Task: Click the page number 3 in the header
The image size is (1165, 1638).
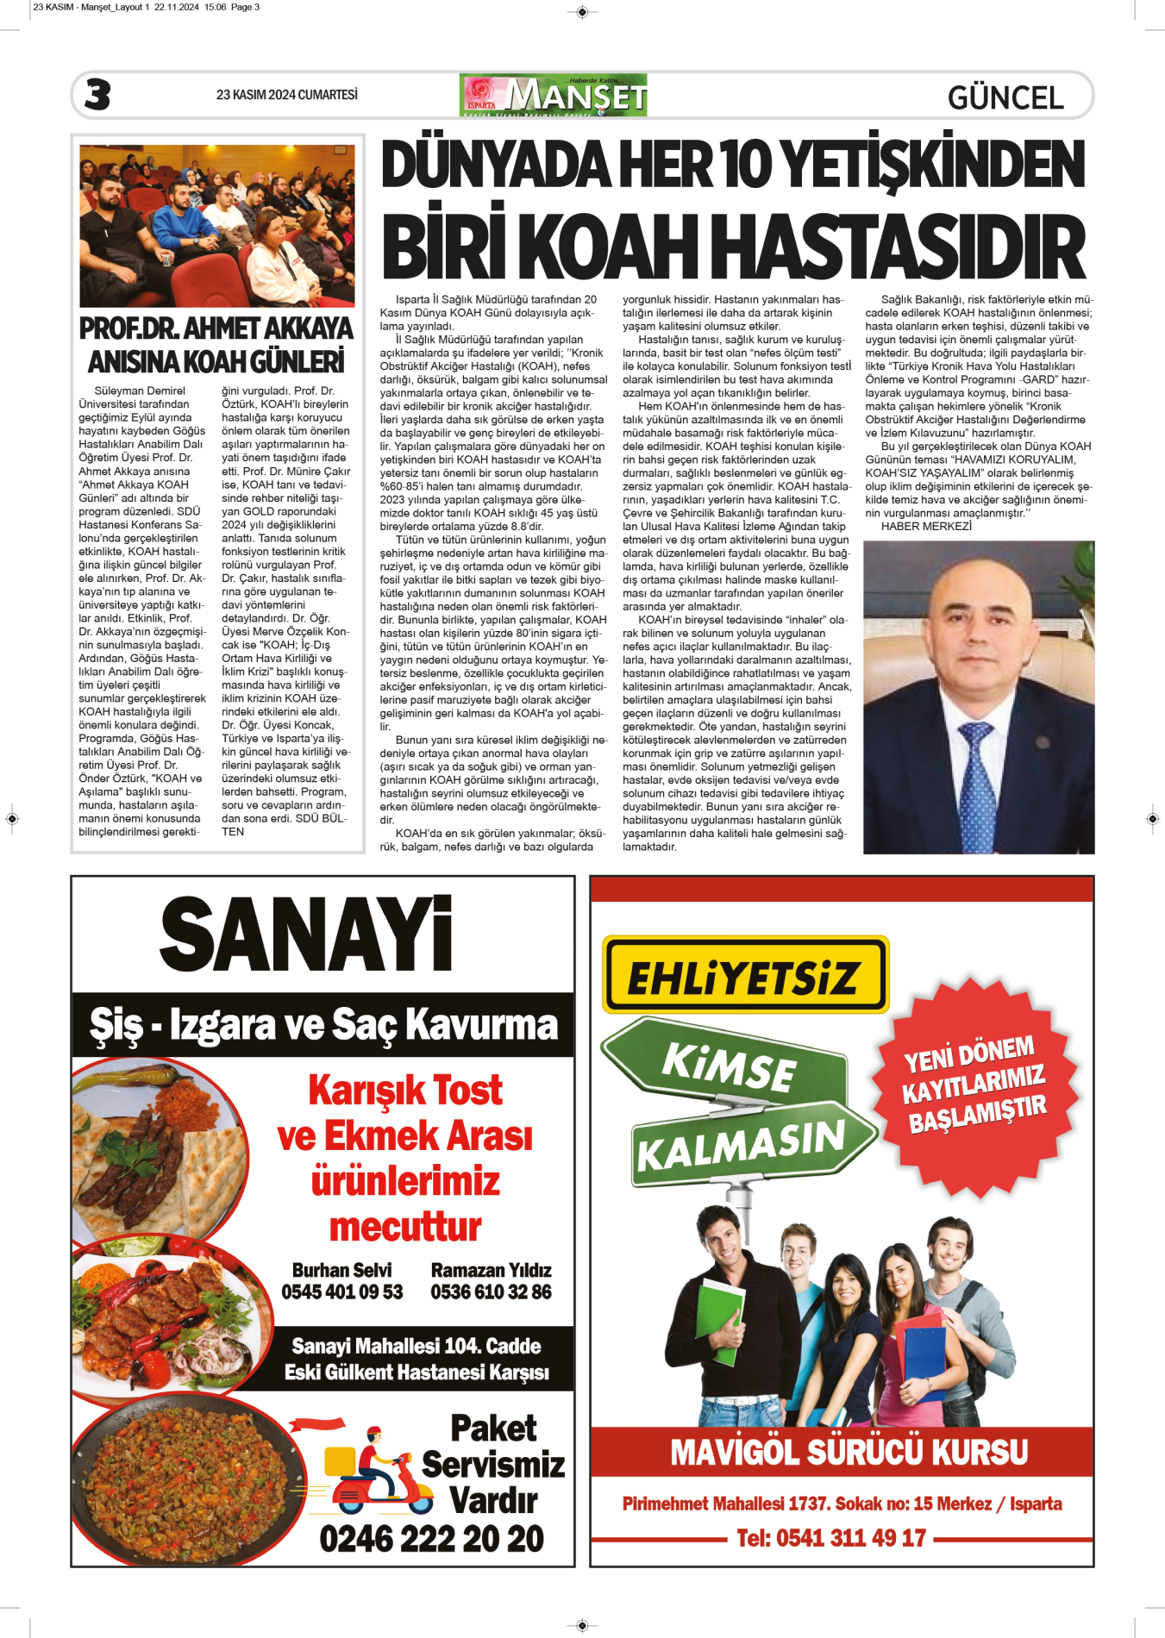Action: point(97,94)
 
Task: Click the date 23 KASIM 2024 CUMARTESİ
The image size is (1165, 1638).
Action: point(286,95)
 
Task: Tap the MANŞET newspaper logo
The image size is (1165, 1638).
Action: point(554,95)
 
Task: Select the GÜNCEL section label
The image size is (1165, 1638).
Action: point(1005,97)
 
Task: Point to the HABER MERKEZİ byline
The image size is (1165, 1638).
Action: point(926,526)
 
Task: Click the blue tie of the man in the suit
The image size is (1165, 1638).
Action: point(980,785)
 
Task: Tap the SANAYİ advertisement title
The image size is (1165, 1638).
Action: point(306,935)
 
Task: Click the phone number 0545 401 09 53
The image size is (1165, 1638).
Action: point(342,1291)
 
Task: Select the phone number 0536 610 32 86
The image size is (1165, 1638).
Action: point(491,1291)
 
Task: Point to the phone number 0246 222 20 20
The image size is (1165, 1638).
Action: point(431,1538)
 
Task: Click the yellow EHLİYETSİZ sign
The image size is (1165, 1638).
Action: point(744,976)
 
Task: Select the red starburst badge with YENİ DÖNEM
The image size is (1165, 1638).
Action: point(974,1086)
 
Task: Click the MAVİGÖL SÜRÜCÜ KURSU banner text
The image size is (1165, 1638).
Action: point(849,1452)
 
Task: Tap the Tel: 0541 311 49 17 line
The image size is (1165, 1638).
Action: point(830,1538)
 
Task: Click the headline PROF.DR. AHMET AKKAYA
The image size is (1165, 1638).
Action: point(216,329)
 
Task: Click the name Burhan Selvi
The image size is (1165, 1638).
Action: point(341,1270)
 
